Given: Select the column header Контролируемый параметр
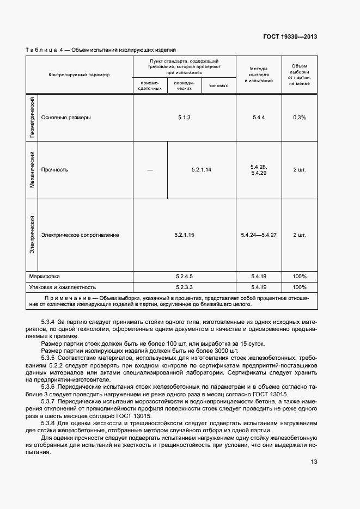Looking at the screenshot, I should click(79, 75).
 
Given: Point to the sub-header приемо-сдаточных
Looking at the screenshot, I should click(150, 85).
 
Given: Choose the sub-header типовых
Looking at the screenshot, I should click(218, 85).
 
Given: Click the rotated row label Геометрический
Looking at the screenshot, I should click(33, 118).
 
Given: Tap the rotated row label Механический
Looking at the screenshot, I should click(33, 170).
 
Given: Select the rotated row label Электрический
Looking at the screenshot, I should click(33, 235).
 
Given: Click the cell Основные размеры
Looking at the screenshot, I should click(66, 118).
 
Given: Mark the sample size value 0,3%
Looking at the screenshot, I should click(299, 118).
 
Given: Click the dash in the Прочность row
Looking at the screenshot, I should click(150, 170).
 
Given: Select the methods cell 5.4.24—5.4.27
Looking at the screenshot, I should click(259, 235).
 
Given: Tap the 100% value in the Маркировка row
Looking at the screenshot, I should click(299, 276).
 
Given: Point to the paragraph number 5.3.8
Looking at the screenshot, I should click(50, 422).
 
